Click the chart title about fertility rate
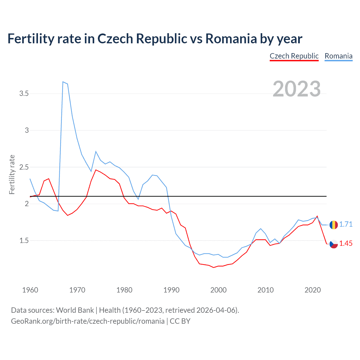pyautogui.click(x=155, y=39)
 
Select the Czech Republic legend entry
pyautogui.click(x=294, y=56)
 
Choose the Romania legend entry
pyautogui.click(x=338, y=56)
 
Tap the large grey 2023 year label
pyautogui.click(x=296, y=89)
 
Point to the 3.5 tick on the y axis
pyautogui.click(x=24, y=94)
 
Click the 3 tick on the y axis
pyautogui.click(x=27, y=130)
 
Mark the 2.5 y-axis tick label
pyautogui.click(x=24, y=167)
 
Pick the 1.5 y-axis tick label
pyautogui.click(x=24, y=240)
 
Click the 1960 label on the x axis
pyautogui.click(x=30, y=290)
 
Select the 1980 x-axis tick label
pyautogui.click(x=124, y=290)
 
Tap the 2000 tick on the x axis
pyautogui.click(x=218, y=290)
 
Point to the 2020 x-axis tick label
pyautogui.click(x=312, y=290)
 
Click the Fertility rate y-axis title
pyautogui.click(x=12, y=174)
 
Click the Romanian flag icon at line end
pyautogui.click(x=334, y=225)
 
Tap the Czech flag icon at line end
pyautogui.click(x=334, y=244)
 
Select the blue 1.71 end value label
pyautogui.click(x=346, y=224)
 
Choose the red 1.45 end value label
pyautogui.click(x=346, y=244)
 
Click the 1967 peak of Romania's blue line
pyautogui.click(x=63, y=82)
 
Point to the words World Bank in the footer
pyautogui.click(x=75, y=310)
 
